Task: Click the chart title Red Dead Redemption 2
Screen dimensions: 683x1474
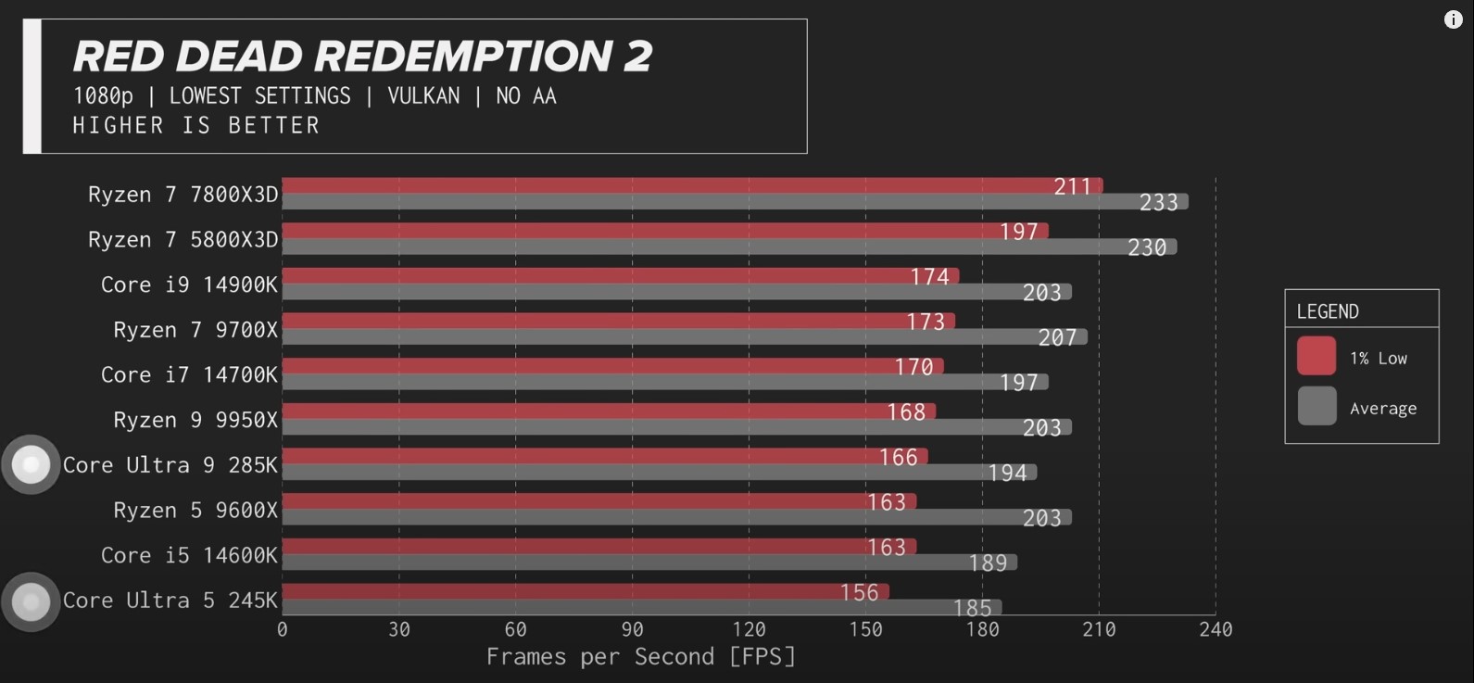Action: (x=362, y=56)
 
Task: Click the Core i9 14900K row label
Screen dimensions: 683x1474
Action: (x=189, y=285)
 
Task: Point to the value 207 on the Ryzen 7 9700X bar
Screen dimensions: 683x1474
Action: (x=1057, y=337)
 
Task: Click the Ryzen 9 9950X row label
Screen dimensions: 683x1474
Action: (x=195, y=420)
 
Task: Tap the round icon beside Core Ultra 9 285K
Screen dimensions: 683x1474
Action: (x=31, y=464)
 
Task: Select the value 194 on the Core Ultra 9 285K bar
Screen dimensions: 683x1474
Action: (x=1007, y=473)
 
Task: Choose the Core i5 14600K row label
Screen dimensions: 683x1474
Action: (x=189, y=555)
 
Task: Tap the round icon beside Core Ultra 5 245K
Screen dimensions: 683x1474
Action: (x=31, y=602)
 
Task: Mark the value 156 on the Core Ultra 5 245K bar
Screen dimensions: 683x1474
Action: (x=859, y=592)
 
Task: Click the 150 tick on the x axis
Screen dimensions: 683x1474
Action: (x=866, y=630)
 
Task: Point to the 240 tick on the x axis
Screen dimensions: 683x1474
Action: (x=1216, y=630)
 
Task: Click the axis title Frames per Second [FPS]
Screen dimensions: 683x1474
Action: (x=641, y=657)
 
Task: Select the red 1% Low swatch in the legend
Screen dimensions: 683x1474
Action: (x=1317, y=357)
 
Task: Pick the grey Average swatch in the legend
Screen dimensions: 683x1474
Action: (x=1317, y=406)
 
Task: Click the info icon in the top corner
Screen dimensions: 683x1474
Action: (x=1453, y=20)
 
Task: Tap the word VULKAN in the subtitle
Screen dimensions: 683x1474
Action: (x=423, y=95)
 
